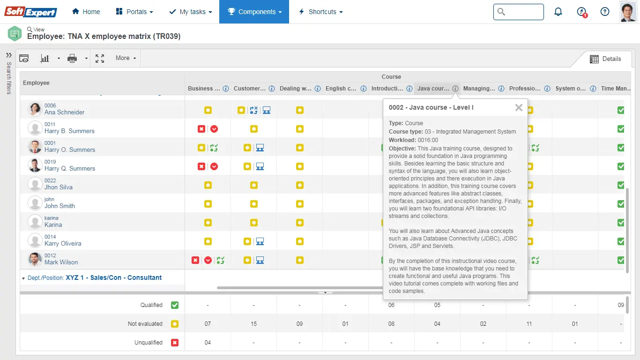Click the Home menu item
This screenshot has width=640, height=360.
point(86,12)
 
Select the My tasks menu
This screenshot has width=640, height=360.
point(190,12)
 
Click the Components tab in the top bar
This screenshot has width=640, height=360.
point(254,12)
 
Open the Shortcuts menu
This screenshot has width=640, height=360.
point(321,12)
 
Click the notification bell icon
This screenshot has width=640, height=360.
point(558,12)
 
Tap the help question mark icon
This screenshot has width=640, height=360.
point(605,12)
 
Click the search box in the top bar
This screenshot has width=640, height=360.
point(519,12)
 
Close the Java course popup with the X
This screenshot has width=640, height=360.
point(519,108)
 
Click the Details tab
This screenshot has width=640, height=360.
point(605,59)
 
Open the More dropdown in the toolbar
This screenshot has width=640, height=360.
point(126,58)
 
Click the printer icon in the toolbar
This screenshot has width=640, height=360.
point(72,59)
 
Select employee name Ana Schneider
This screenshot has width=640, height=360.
point(65,112)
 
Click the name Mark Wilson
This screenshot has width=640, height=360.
point(61,262)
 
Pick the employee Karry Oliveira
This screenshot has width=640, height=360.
point(63,244)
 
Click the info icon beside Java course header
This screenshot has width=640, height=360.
point(455,89)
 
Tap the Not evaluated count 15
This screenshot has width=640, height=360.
point(253,324)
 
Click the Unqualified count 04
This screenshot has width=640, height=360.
point(208,343)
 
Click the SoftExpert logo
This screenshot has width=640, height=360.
point(31,12)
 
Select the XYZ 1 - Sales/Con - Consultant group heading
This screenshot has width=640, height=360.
point(113,278)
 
